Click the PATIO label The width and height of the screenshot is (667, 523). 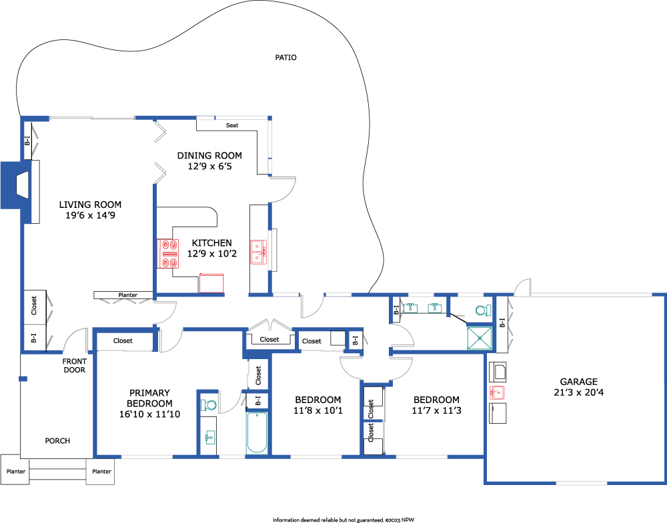pos(285,57)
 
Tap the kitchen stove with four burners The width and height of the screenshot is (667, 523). pos(167,254)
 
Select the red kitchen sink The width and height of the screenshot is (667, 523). pos(258,252)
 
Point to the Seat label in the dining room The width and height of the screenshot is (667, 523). pos(232,125)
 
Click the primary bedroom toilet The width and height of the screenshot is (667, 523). pos(208,404)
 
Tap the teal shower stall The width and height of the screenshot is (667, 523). pos(480,338)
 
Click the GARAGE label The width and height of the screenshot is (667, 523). pos(578,382)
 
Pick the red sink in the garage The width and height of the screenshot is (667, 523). pos(496,392)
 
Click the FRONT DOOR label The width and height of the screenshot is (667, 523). pos(75,365)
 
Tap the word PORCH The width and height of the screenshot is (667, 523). pos(57,441)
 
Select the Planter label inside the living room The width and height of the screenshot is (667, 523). pos(127,295)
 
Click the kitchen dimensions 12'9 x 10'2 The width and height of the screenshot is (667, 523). pos(212,254)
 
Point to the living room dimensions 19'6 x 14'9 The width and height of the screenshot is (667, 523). pos(90,215)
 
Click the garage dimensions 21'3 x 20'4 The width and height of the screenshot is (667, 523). pos(578,392)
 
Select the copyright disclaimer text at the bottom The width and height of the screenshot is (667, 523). pos(344,520)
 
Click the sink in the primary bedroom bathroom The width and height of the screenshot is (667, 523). pos(209,436)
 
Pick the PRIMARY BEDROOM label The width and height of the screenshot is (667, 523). pos(149,398)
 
